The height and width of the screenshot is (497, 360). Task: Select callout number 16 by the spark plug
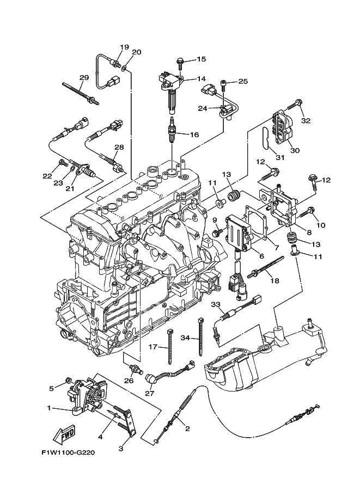point(194,134)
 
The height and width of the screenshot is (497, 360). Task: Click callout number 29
point(83,78)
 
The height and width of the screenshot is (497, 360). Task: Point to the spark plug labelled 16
point(172,131)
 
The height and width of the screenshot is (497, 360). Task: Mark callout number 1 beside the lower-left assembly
point(50,408)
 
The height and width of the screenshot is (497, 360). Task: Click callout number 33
point(215,304)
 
